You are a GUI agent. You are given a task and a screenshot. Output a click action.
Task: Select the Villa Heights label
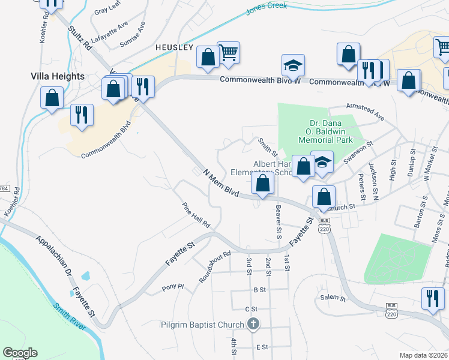coord(58,76)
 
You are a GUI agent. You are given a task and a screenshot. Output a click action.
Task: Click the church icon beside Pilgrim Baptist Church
coord(253,325)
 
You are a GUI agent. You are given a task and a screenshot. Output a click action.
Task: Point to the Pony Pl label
coord(172,287)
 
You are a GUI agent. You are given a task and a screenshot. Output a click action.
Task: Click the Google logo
coord(20,353)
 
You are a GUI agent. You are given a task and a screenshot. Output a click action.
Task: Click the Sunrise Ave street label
coord(133,35)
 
